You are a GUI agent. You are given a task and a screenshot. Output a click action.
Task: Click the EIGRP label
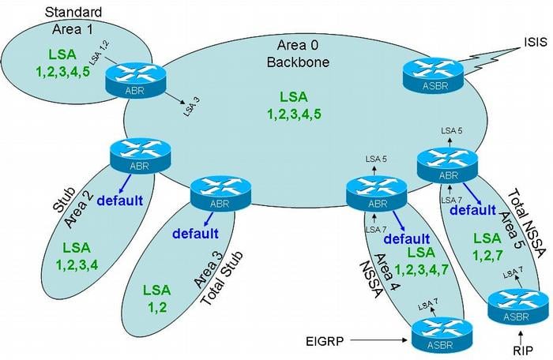[x=325, y=341]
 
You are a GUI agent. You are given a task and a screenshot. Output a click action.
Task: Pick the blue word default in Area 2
[x=120, y=201]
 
